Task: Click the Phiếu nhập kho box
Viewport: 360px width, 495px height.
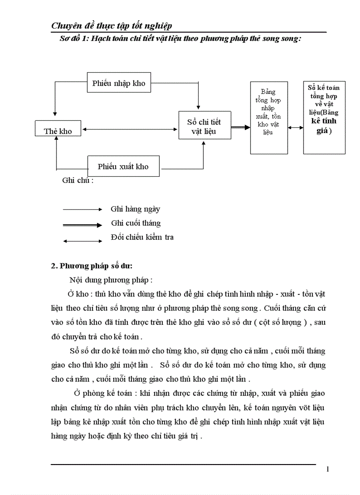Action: [x=119, y=83]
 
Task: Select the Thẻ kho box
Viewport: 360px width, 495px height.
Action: [x=58, y=131]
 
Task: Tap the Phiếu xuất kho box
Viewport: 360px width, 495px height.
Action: [x=123, y=166]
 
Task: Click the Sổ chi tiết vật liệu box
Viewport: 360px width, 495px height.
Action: [x=205, y=126]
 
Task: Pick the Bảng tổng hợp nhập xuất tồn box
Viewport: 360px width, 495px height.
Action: [x=269, y=118]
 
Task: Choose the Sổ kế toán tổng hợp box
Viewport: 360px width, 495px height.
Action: [x=324, y=118]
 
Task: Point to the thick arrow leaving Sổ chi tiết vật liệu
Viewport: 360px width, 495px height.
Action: [x=240, y=128]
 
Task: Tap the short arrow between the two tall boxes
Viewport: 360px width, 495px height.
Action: [x=295, y=128]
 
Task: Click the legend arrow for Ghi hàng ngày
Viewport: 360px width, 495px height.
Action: [x=82, y=209]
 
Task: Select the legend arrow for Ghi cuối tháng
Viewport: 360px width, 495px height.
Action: [x=82, y=225]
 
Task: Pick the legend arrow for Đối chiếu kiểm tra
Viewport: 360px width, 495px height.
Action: [x=82, y=241]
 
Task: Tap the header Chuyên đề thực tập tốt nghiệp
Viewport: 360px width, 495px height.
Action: [x=112, y=26]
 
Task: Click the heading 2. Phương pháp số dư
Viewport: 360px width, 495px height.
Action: [x=92, y=266]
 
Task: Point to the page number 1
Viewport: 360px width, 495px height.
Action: [x=327, y=469]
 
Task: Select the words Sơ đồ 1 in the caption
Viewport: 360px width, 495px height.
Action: [x=74, y=39]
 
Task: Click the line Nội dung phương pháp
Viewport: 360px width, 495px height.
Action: [x=111, y=280]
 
